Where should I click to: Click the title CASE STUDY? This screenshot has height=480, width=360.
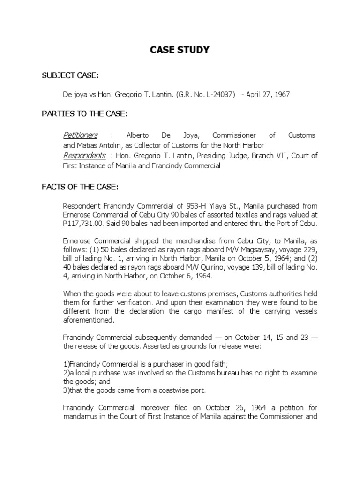tap(180, 50)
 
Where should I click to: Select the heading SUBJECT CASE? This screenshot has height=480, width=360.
tap(70, 76)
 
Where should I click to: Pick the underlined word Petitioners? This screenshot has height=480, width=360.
tap(80, 135)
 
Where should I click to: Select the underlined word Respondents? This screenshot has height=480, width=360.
tap(84, 156)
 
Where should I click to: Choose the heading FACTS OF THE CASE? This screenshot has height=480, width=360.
tap(79, 187)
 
